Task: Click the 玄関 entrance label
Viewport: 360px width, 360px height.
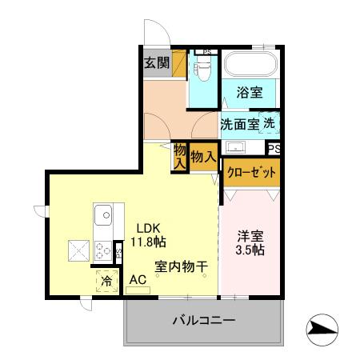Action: point(156,63)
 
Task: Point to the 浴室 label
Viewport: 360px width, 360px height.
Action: point(249,92)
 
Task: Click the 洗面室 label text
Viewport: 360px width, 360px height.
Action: point(239,124)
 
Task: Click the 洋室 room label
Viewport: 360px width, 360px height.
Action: point(250,237)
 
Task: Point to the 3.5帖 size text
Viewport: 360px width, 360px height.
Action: point(250,251)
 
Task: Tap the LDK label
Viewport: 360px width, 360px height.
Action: point(146,226)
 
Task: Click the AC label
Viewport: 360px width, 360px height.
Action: point(138,279)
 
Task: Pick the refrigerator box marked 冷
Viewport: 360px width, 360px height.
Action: point(106,281)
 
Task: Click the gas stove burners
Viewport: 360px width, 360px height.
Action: point(104,248)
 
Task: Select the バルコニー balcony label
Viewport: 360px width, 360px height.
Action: point(203,322)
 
